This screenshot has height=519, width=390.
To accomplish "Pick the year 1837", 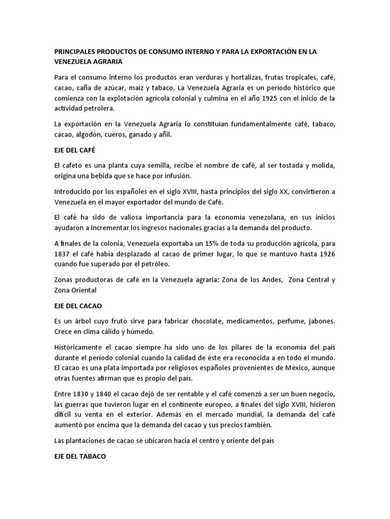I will pyautogui.click(x=64, y=254).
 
